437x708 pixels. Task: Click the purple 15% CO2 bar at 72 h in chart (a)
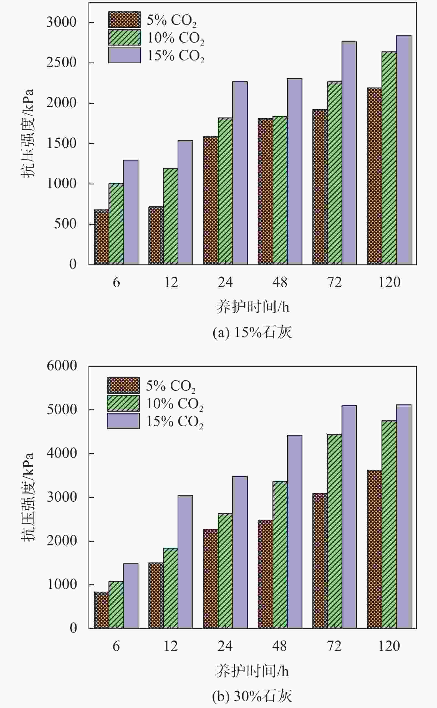click(x=349, y=153)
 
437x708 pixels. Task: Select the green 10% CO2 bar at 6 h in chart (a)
click(x=116, y=224)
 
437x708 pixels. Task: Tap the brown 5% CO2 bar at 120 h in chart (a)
click(x=374, y=176)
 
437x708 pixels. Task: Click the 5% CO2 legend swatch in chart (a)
click(x=124, y=20)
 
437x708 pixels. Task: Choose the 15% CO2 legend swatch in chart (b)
click(x=123, y=421)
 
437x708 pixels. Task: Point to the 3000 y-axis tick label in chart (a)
click(x=61, y=22)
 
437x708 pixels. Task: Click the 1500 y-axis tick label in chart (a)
click(x=61, y=144)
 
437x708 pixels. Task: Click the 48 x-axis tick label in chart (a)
click(x=280, y=282)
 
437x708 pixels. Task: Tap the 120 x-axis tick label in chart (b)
click(x=389, y=646)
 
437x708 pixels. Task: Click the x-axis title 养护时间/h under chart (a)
click(x=252, y=307)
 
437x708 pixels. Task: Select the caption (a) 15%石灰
click(x=252, y=332)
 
